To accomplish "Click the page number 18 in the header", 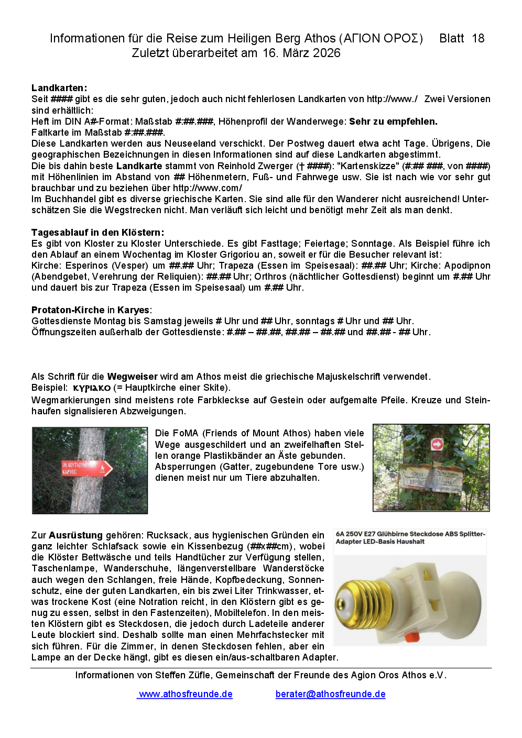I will [x=478, y=38].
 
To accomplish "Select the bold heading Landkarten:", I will [x=59, y=88].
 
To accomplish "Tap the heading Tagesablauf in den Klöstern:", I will [x=97, y=233].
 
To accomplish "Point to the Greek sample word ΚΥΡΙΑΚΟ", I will [x=92, y=388].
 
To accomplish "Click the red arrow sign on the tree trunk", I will [x=87, y=468].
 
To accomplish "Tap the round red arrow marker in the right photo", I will [x=437, y=445].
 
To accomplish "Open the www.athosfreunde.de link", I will [x=186, y=694].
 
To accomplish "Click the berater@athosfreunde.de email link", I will [x=330, y=694].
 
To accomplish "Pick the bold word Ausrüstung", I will [x=75, y=535].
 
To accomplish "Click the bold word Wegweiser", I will [x=132, y=377].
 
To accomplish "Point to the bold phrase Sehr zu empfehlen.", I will [x=393, y=122].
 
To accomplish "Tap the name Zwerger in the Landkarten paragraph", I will [x=275, y=166].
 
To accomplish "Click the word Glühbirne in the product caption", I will [x=393, y=534].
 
